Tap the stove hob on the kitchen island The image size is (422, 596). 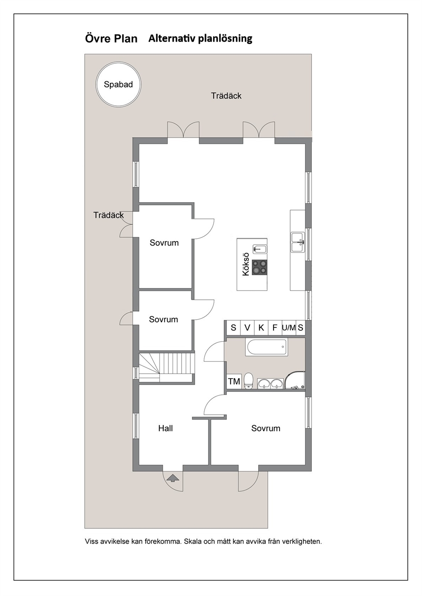(260, 267)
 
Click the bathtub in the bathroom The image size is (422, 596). (267, 347)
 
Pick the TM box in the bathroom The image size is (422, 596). (234, 381)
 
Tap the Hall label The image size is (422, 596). (165, 428)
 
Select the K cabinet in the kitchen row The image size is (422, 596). (261, 328)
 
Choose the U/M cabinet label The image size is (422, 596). (289, 328)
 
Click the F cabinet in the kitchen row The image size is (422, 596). (275, 328)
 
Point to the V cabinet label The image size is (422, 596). (247, 328)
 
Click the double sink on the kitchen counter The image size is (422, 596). (298, 242)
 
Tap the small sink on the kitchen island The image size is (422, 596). (260, 249)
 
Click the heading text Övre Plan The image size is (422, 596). (111, 39)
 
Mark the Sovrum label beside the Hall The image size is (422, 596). (265, 428)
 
